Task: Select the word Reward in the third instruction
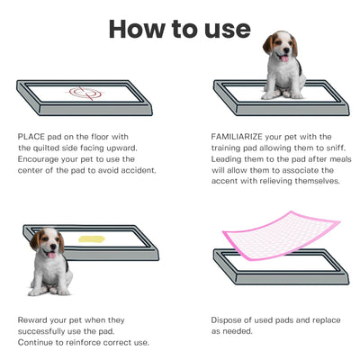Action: point(34,319)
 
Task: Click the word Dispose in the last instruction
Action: point(229,319)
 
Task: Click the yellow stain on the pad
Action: point(92,239)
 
